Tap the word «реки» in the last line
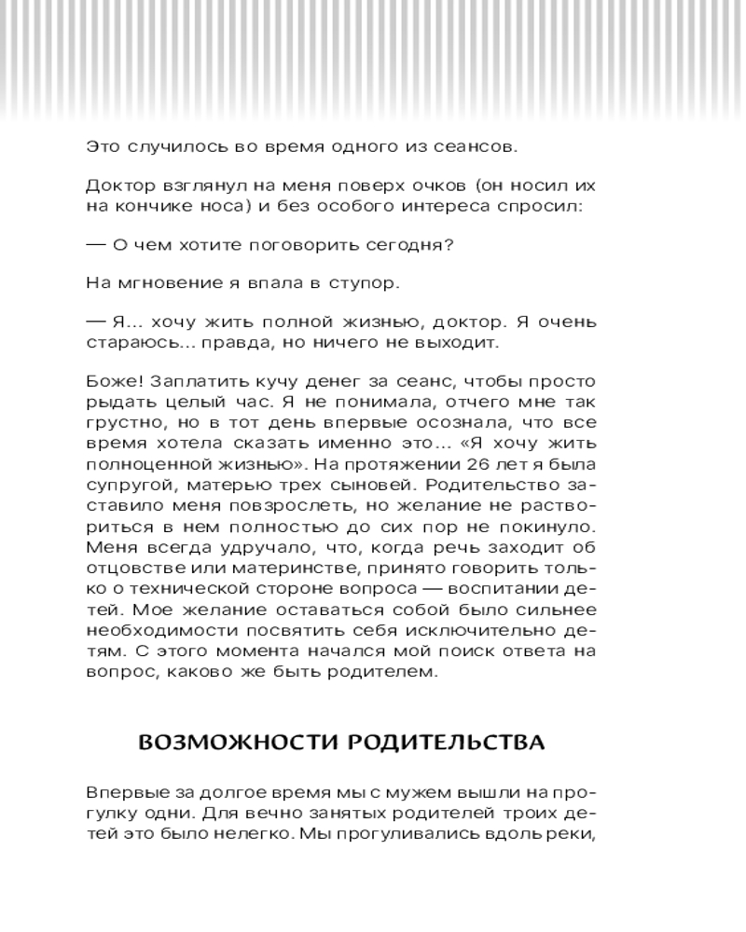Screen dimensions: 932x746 click(x=574, y=833)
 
